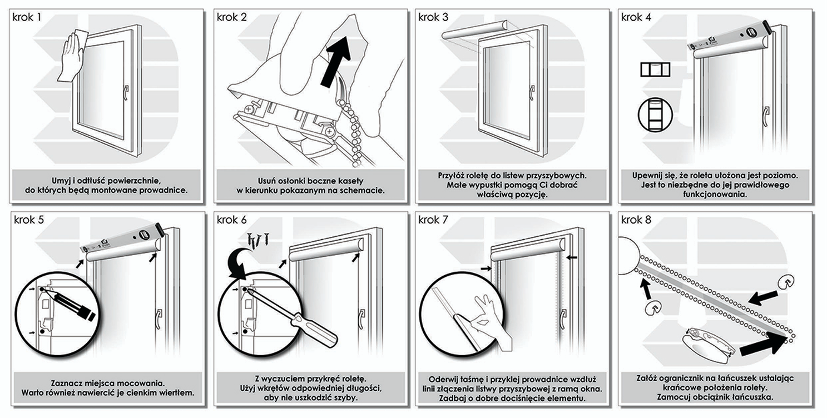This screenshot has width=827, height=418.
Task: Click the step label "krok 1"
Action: click(x=27, y=17)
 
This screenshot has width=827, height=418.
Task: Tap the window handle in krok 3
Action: click(x=532, y=90)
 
